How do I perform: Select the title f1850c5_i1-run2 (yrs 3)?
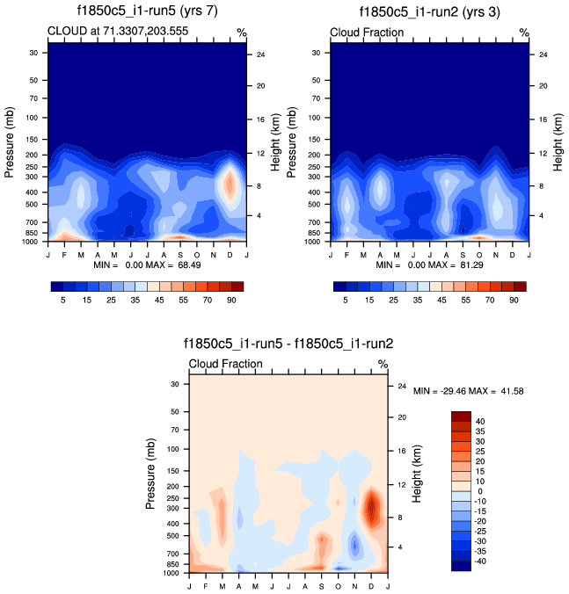coord(431,11)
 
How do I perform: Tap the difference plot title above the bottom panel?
coord(288,344)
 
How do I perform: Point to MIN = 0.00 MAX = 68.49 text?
coord(147,264)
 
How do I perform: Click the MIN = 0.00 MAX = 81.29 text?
coord(430,264)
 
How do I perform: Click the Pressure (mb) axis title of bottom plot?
coord(153,475)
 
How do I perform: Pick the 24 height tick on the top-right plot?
coord(543,54)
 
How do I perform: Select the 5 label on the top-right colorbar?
coord(346,300)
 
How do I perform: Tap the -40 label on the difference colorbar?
coord(480,561)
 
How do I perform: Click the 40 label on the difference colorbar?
coord(480,422)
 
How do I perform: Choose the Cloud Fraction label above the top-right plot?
coord(367,33)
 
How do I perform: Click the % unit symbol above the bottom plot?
coord(383,364)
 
